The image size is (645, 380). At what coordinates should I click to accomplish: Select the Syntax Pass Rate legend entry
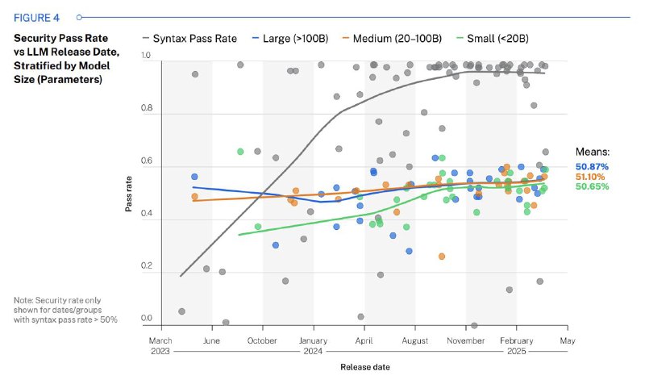(x=190, y=38)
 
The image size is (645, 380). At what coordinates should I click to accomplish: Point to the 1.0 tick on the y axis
(x=146, y=56)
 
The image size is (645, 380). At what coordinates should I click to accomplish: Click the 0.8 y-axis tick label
(x=146, y=109)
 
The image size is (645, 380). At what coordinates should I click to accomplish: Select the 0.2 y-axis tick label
(x=146, y=266)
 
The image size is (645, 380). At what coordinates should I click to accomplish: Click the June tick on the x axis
(x=211, y=340)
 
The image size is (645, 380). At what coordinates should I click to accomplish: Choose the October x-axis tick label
(x=262, y=340)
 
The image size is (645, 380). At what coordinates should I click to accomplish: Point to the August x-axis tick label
(x=414, y=340)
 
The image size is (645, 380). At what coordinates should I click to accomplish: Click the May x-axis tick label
(x=568, y=340)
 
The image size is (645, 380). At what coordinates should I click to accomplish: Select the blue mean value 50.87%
(x=592, y=167)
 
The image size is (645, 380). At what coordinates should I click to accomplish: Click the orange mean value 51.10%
(x=592, y=177)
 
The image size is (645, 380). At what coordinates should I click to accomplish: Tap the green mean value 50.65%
(x=592, y=186)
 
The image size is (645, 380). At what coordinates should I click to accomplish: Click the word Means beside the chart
(x=592, y=152)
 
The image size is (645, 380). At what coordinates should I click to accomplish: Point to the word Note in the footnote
(x=23, y=301)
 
